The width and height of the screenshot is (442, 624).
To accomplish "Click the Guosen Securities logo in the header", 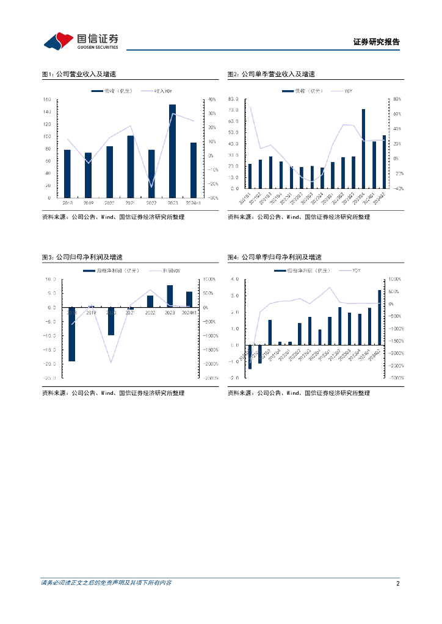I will [x=81, y=41].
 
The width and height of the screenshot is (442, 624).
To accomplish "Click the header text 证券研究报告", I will [x=377, y=42].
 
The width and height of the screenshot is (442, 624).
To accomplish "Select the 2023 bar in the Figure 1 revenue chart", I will [x=172, y=151].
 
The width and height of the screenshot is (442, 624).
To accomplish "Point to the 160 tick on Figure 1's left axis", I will [x=46, y=99].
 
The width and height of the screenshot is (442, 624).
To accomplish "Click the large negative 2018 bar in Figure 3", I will [x=71, y=335].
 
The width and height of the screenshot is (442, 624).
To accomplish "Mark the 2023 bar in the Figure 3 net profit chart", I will [x=170, y=296].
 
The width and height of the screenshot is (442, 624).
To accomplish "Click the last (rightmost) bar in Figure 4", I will [x=380, y=317].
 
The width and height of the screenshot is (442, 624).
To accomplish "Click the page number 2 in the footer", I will [x=397, y=583].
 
